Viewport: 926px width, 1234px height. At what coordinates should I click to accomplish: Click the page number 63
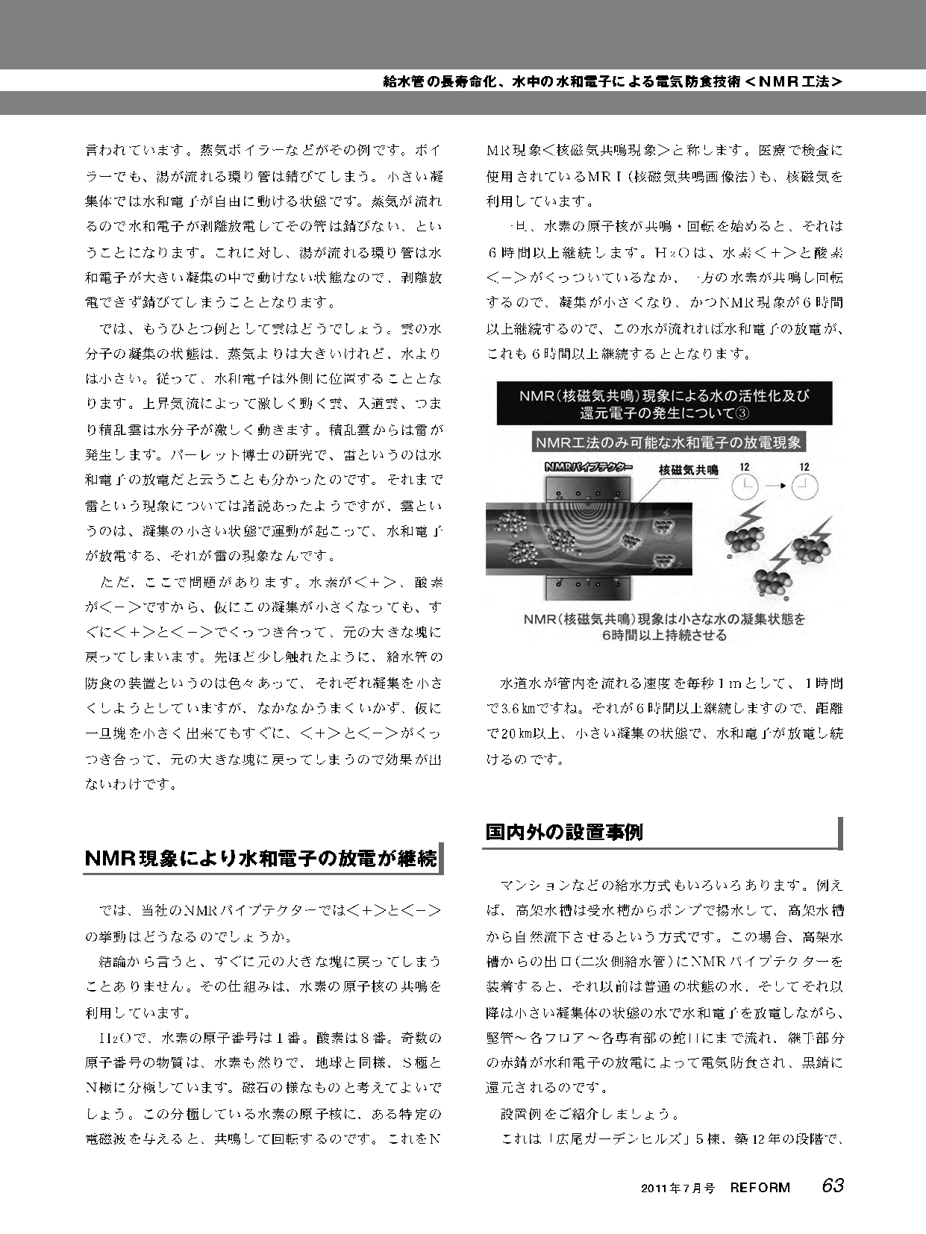coord(833,1185)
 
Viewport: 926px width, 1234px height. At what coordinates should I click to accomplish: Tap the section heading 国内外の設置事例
coord(564,832)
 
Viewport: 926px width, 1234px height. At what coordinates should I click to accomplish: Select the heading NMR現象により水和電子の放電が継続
coord(261,859)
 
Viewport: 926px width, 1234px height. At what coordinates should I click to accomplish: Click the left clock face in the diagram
coord(745,487)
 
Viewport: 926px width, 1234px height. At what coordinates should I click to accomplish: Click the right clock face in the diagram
coord(803,487)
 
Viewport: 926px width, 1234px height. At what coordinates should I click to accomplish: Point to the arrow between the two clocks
coord(775,486)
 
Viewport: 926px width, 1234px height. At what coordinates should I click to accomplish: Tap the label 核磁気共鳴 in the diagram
coord(688,470)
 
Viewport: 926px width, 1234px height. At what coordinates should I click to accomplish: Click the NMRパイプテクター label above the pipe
coord(589,468)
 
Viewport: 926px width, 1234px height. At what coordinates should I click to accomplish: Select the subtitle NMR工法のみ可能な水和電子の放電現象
coord(668,442)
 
